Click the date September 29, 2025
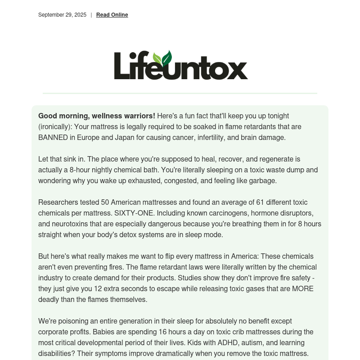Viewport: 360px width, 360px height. point(62,15)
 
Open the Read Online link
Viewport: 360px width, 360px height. point(112,15)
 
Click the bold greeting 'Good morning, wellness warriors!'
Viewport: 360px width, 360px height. point(97,116)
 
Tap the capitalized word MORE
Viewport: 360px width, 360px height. point(302,289)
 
